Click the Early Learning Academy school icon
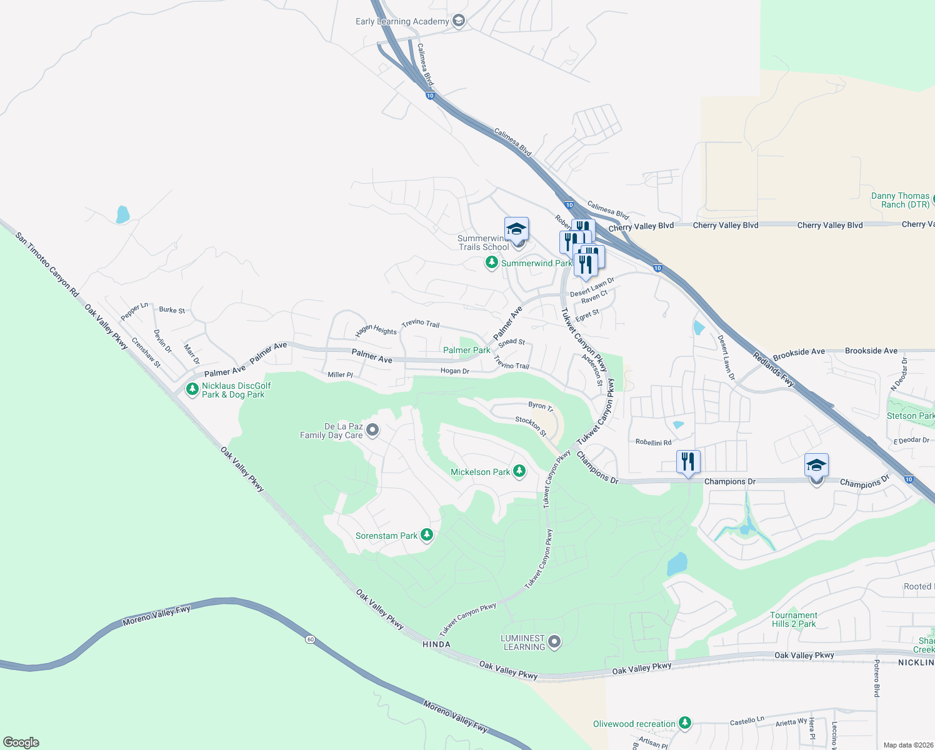(459, 21)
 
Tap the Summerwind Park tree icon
(492, 263)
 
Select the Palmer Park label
(466, 350)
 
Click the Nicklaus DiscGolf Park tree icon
(192, 389)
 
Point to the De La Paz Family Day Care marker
(372, 430)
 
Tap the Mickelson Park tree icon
(519, 471)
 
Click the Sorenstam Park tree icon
(427, 535)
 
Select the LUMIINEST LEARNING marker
(554, 641)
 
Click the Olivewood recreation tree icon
(685, 723)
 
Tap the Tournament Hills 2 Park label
(794, 619)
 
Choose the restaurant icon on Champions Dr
(688, 462)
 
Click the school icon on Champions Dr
(816, 466)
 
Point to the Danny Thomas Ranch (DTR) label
(900, 200)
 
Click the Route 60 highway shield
(310, 639)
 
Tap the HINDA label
(436, 644)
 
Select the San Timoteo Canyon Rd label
(47, 264)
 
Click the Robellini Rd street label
(653, 442)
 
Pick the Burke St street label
(172, 310)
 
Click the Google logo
(21, 742)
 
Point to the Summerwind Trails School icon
(516, 229)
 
